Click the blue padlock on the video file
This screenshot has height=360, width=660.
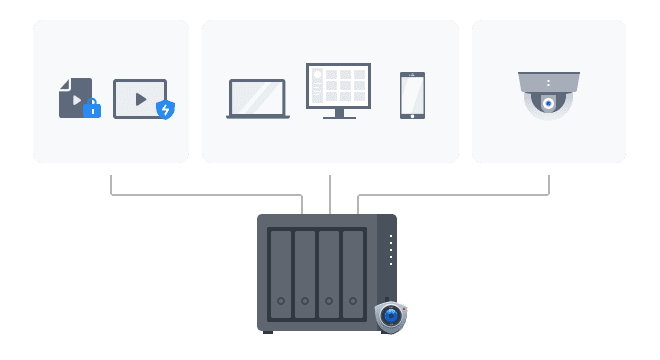click(92, 108)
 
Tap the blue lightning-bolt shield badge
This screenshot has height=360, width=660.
click(165, 109)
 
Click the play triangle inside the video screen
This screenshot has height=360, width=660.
click(141, 99)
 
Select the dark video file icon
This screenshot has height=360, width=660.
click(73, 96)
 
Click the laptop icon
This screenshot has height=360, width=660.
click(257, 99)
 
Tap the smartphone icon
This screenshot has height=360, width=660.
click(412, 95)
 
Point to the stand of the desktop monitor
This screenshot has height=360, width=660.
click(338, 114)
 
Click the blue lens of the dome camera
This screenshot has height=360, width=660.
click(548, 103)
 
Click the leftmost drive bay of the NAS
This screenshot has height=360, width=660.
click(280, 272)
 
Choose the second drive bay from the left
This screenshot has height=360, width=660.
click(305, 272)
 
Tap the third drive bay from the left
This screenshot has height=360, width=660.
click(329, 272)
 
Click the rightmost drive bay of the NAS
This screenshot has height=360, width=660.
click(353, 272)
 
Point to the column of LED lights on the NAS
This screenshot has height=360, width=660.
click(390, 250)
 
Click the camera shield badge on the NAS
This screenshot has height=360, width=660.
click(391, 316)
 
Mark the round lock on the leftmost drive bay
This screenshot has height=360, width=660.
click(281, 301)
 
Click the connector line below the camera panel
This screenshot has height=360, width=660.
click(548, 185)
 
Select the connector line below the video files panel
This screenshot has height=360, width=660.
click(110, 185)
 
